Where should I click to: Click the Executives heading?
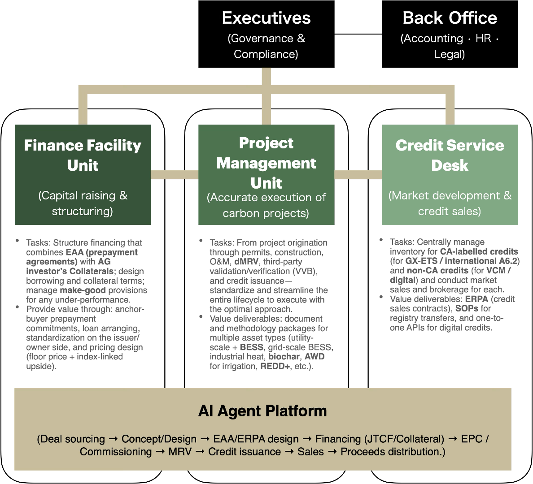click(x=266, y=18)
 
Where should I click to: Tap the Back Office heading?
click(x=450, y=18)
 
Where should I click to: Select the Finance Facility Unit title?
click(x=83, y=155)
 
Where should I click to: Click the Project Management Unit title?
click(x=266, y=163)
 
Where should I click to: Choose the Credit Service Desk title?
click(x=450, y=155)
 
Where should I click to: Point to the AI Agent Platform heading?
click(x=262, y=411)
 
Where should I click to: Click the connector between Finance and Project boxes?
click(x=175, y=174)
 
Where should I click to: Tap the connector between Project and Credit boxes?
click(x=358, y=174)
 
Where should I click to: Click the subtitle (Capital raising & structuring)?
click(x=83, y=203)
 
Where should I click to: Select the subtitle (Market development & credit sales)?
click(x=450, y=203)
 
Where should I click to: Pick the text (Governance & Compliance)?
click(x=266, y=46)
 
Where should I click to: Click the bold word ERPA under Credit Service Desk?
click(x=476, y=299)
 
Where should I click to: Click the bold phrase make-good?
click(x=83, y=290)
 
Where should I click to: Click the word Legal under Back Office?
click(x=449, y=55)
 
